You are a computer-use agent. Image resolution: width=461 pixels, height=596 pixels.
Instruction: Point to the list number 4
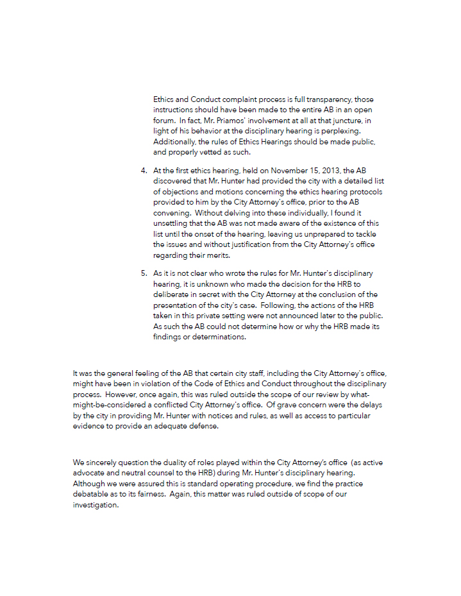pos(144,171)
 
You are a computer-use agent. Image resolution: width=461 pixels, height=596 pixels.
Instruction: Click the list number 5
pos(144,273)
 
